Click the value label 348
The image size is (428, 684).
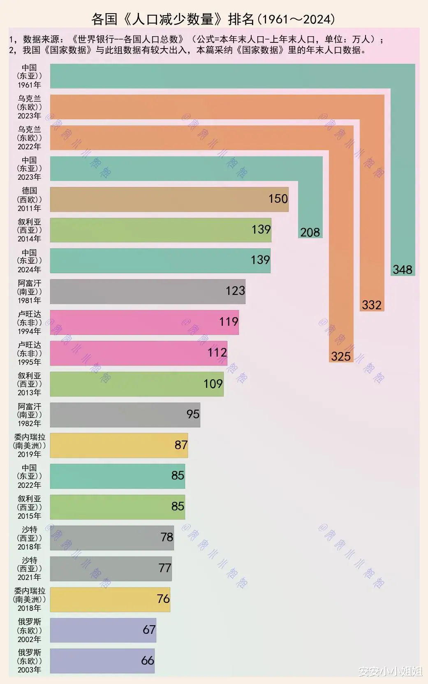point(402,270)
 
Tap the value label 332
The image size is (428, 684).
point(372,305)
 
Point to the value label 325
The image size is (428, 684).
point(341,356)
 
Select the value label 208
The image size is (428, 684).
point(310,232)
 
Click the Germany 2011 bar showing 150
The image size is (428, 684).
point(169,199)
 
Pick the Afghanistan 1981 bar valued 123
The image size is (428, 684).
point(148,292)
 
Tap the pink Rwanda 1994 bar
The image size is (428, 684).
point(144,322)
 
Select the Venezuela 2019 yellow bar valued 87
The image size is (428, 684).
point(119,445)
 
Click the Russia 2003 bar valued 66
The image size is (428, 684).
point(102,661)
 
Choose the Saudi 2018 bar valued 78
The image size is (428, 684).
point(112,538)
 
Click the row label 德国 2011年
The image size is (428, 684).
point(29,199)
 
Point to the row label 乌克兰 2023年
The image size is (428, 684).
point(29,107)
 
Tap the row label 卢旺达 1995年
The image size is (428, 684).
point(29,353)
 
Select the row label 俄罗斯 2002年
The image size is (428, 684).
point(29,630)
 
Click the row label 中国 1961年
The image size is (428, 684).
point(29,76)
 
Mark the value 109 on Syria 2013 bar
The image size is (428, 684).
point(213,384)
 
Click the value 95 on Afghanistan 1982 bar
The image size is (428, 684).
point(193,414)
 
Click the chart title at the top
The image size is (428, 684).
point(213,19)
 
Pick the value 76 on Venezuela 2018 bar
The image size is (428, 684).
point(163,599)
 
